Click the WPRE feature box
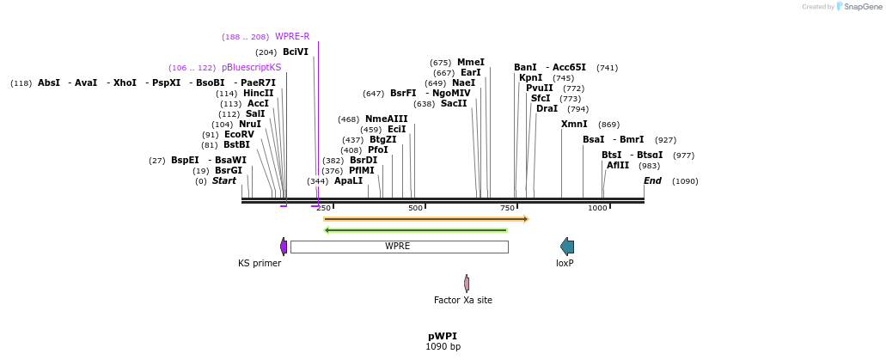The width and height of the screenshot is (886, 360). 399,247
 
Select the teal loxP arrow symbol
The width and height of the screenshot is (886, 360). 566,247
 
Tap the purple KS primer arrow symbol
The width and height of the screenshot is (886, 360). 284,247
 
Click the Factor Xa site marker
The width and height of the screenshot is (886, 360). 467,284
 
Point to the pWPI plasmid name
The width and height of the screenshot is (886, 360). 443,336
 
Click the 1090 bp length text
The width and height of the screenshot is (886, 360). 443,347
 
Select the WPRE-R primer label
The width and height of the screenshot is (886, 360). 292,37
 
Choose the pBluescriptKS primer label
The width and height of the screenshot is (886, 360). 251,68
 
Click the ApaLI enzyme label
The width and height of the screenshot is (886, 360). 348,181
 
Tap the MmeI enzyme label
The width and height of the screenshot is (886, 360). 470,63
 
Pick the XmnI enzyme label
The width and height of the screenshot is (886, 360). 574,125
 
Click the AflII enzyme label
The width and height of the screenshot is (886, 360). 618,166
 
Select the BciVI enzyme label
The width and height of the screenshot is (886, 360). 295,52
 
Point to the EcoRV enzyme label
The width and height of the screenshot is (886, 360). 239,135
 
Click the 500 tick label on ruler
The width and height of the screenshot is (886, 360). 416,208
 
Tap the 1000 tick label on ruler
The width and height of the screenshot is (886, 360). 597,208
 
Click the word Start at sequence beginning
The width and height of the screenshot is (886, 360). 223,181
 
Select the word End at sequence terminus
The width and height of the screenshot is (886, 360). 652,181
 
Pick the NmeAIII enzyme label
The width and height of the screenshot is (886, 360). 386,119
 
